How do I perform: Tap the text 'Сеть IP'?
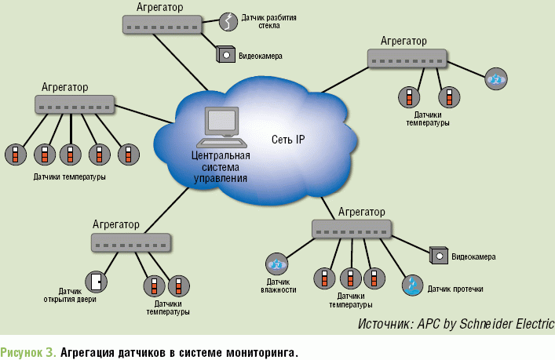click(x=288, y=140)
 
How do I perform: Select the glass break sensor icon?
click(x=228, y=21)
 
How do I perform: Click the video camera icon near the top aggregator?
click(x=225, y=55)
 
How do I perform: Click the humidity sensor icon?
click(x=276, y=263)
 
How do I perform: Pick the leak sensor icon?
click(x=411, y=286)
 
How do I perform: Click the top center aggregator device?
click(x=162, y=24)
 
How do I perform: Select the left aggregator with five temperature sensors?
click(x=75, y=104)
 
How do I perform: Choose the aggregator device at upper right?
click(x=407, y=58)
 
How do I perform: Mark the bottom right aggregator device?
click(x=351, y=229)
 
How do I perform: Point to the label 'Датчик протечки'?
click(x=455, y=289)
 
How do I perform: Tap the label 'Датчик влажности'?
click(x=278, y=285)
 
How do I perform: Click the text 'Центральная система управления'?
click(x=221, y=167)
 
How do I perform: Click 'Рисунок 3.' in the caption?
click(x=27, y=351)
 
